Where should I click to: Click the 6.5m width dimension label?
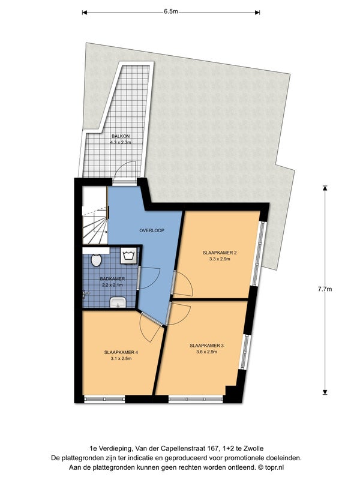170,11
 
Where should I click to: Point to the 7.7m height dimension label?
325,289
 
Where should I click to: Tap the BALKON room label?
121,136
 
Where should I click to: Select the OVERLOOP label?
152,230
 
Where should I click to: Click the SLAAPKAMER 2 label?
220,253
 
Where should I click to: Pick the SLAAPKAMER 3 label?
206,346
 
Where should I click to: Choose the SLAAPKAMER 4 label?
121,352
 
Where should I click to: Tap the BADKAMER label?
112,279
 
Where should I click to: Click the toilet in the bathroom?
96,260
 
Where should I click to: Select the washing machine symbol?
128,256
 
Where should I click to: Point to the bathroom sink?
118,302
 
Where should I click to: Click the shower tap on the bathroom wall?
86,294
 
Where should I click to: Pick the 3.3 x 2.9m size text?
220,259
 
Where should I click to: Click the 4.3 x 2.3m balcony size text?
121,142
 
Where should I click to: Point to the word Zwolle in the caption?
254,449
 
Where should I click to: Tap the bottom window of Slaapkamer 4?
104,399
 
